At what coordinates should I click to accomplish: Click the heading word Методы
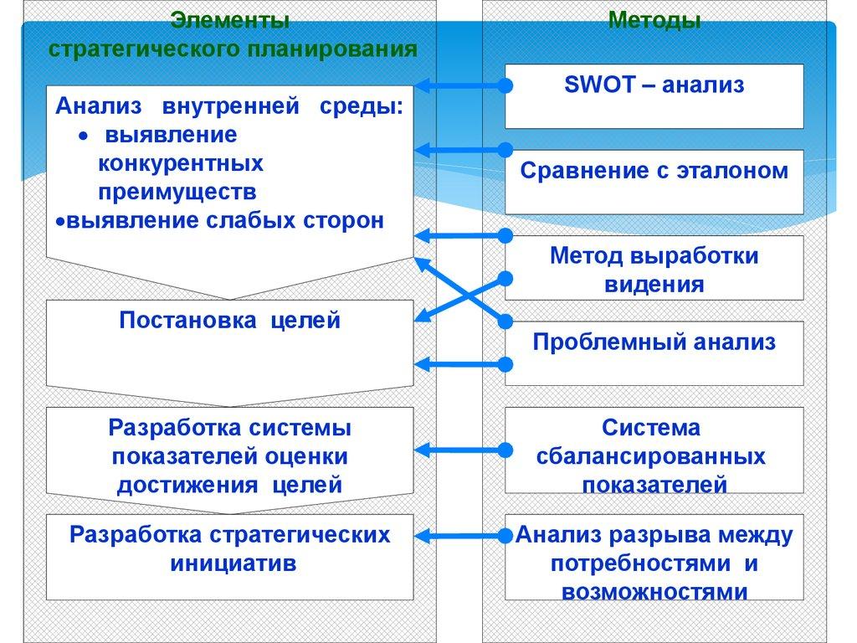654,20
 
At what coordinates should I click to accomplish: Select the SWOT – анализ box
654,95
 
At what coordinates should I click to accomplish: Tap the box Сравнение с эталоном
654,181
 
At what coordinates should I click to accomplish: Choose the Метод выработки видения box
654,268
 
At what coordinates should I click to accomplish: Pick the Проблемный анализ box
654,352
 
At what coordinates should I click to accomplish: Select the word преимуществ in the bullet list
177,191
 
